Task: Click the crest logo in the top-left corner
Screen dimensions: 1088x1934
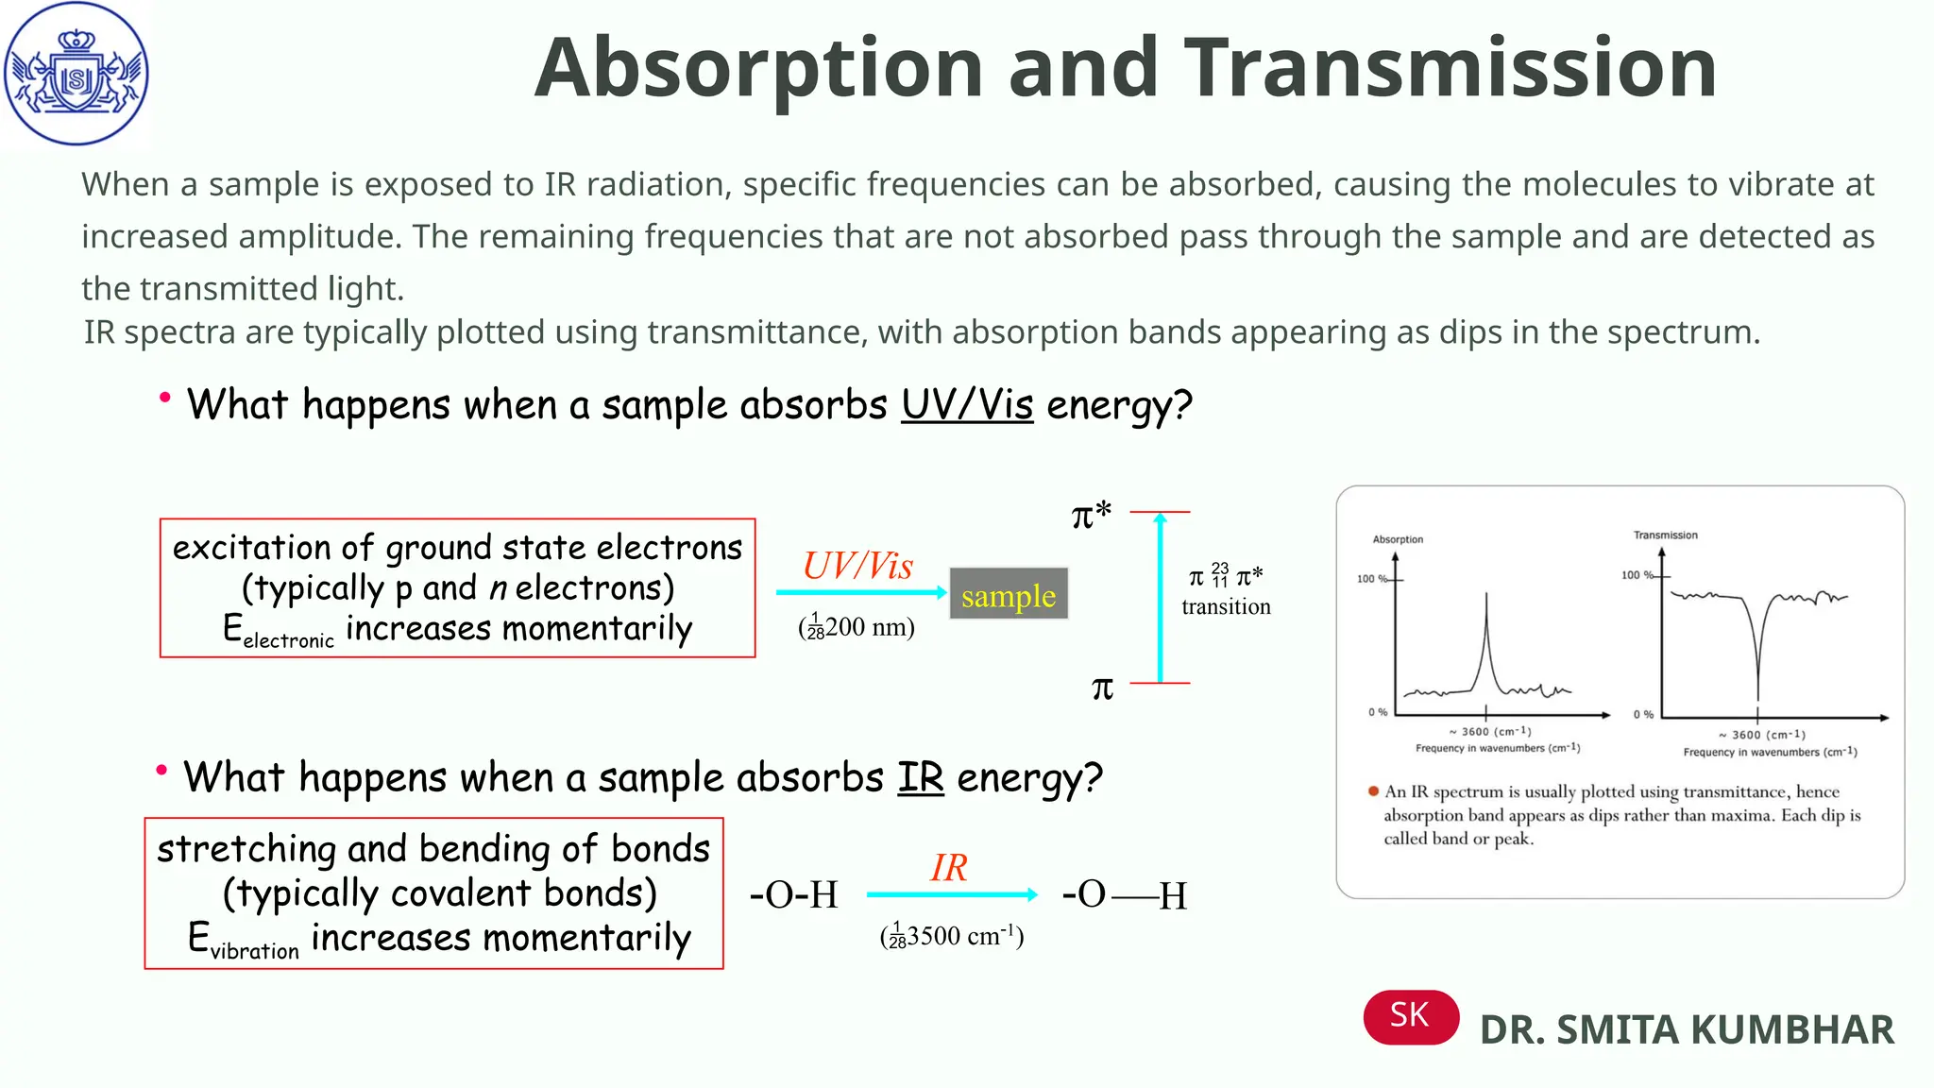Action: coord(76,74)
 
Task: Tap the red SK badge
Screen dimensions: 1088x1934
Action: coord(1410,1016)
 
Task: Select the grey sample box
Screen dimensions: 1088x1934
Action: coord(1009,595)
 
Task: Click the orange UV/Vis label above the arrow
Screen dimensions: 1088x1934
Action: coord(857,566)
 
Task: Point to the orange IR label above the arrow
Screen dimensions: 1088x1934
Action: coord(948,868)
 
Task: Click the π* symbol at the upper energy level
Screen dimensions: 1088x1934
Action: coord(1091,516)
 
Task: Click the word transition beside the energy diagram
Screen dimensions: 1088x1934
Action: coord(1226,606)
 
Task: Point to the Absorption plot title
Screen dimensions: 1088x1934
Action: coord(1398,539)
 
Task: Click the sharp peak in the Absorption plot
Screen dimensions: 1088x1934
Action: coord(1486,623)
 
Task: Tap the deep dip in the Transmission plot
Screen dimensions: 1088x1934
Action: coord(1757,671)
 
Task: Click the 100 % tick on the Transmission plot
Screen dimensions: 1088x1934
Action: coord(1637,575)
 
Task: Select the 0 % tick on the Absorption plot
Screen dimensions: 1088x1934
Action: coord(1378,712)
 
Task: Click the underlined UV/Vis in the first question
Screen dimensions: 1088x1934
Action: coord(967,405)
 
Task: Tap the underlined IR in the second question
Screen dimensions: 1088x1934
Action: coord(920,778)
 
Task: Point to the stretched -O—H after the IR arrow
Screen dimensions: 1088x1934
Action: coord(1125,894)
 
